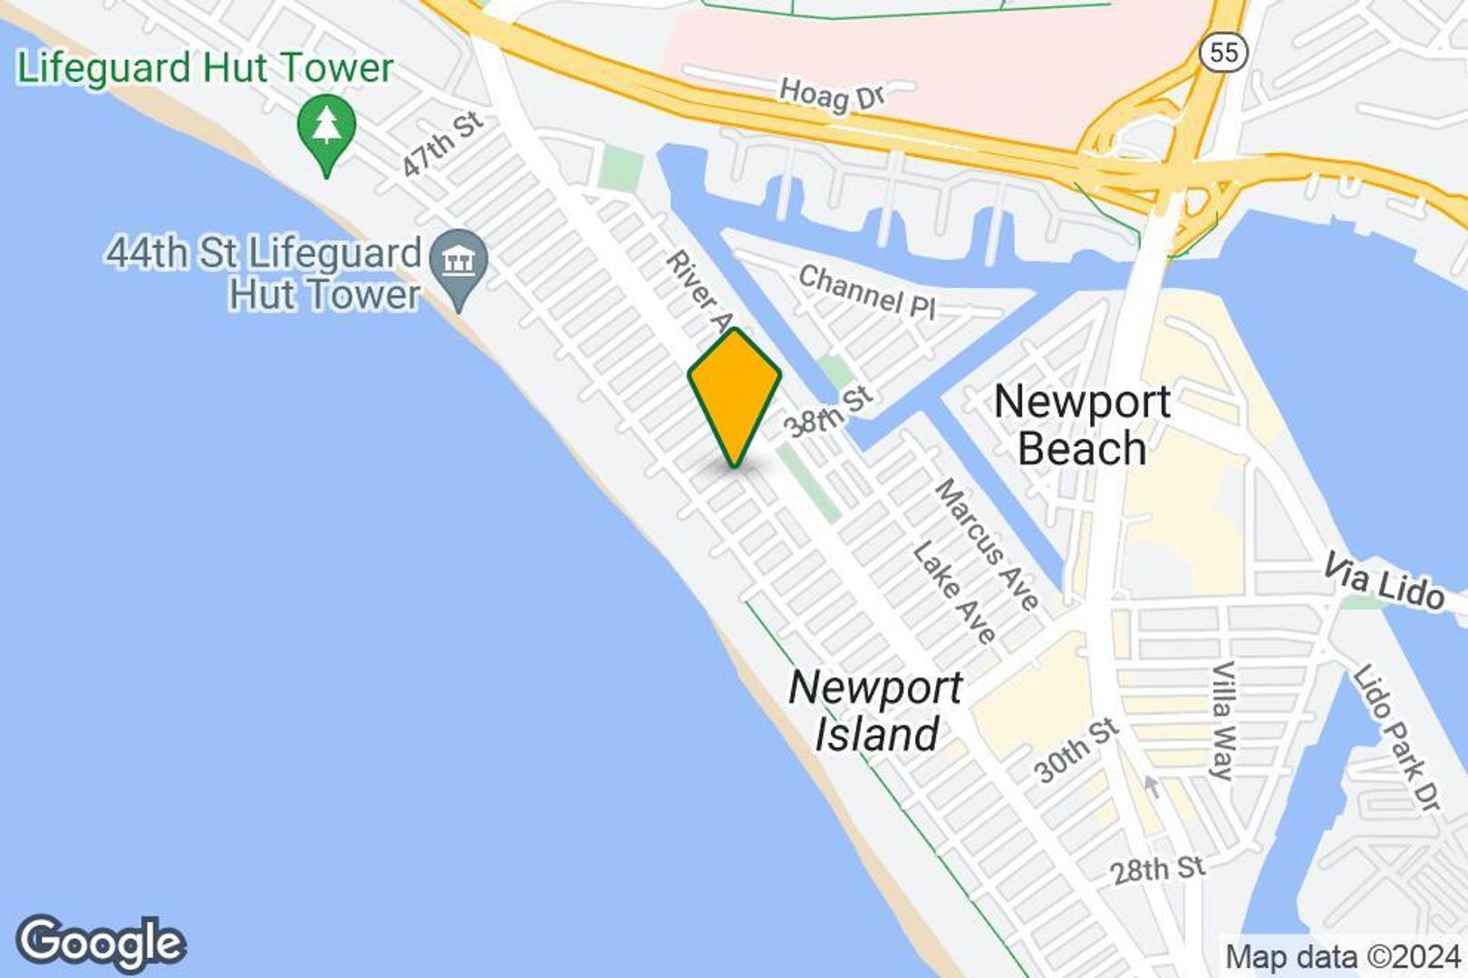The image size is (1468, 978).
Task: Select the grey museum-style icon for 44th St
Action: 459,264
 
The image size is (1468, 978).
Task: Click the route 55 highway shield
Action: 1222,52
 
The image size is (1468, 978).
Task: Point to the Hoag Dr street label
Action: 833,93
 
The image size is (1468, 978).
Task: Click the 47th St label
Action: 443,144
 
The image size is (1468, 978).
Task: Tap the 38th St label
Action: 828,411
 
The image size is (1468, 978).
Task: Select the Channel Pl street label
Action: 866,292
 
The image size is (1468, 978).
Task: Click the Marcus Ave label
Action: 987,544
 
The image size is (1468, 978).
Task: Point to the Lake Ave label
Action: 954,592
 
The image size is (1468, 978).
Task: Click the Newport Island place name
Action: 874,711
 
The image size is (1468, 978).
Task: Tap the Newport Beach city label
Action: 1082,424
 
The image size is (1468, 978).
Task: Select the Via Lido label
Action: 1383,582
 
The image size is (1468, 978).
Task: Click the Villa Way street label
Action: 1223,720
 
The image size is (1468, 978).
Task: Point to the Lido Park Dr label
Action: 1396,737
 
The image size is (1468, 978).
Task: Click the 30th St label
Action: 1077,751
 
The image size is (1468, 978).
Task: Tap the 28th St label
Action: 1158,870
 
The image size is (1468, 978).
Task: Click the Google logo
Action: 101,944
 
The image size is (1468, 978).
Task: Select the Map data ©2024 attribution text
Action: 1344,957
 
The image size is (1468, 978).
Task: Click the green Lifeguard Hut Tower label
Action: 206,69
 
